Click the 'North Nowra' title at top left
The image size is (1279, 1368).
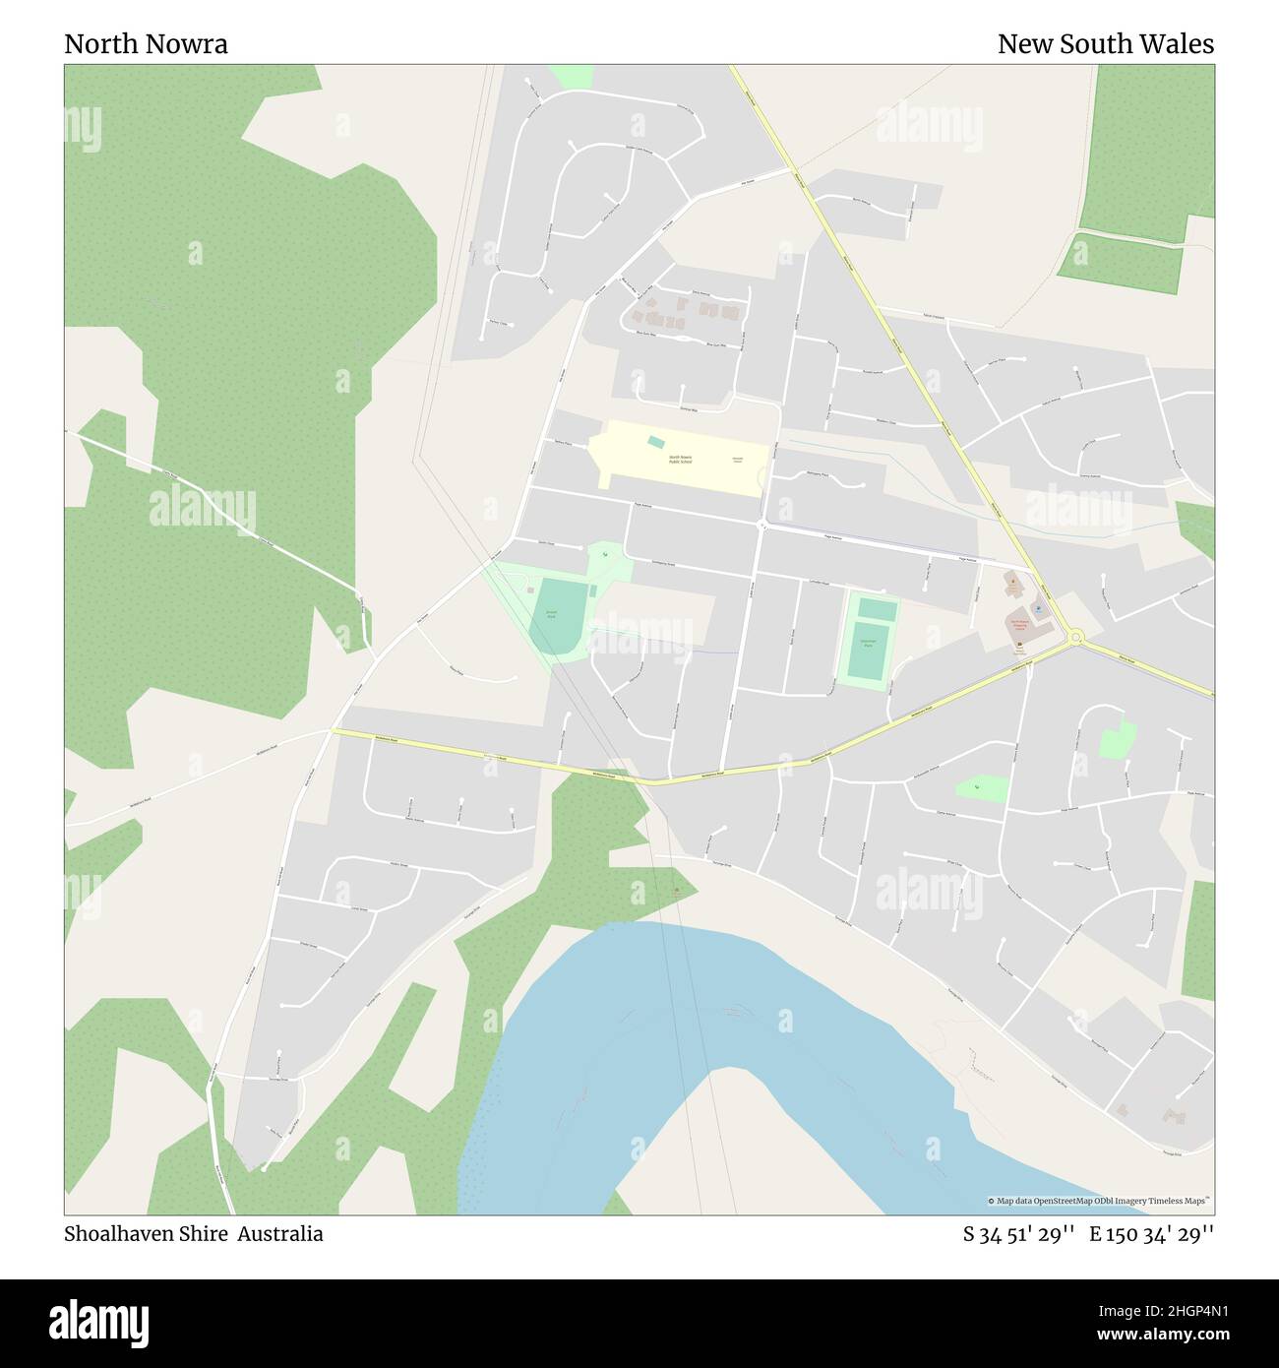[x=146, y=44]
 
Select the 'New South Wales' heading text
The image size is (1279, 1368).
[x=1105, y=44]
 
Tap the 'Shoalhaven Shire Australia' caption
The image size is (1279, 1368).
[x=194, y=1233]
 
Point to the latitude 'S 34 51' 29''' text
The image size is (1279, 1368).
[x=1018, y=1233]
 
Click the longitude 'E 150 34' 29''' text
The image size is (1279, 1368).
[x=1151, y=1233]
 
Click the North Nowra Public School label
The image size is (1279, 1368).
[x=680, y=460]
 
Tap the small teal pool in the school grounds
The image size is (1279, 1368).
[x=656, y=442]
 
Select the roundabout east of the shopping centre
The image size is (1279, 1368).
[x=1076, y=638]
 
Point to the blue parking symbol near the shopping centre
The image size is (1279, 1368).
[x=1042, y=609]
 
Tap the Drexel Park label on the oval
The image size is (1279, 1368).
[x=551, y=614]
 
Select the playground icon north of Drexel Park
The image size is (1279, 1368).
[x=606, y=555]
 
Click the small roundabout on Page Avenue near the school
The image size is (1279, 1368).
[x=761, y=526]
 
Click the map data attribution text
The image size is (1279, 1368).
[x=1100, y=1201]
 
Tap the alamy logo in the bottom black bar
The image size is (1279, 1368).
[x=100, y=1321]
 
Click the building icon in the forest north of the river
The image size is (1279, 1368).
[x=675, y=891]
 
